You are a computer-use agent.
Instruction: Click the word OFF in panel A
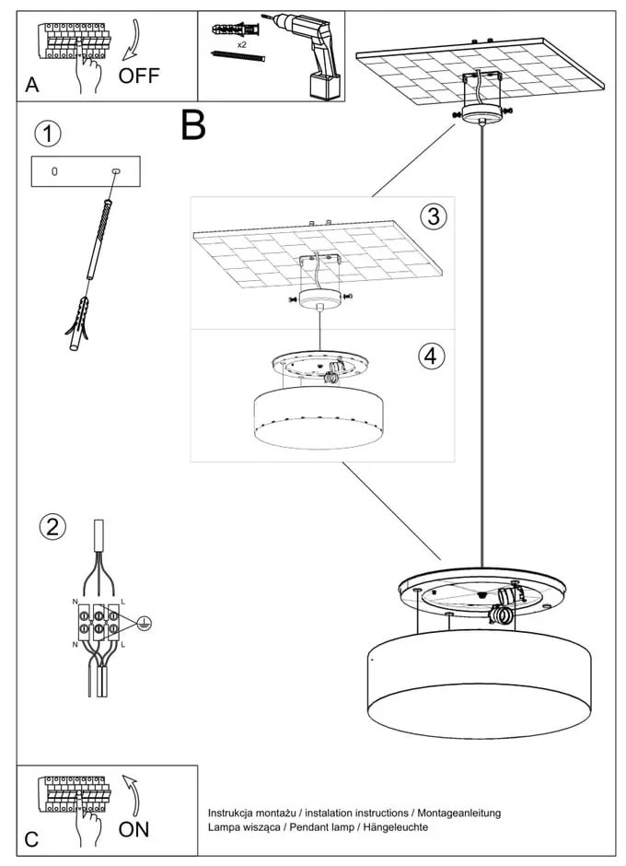coord(139,76)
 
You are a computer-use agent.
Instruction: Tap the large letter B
coord(193,125)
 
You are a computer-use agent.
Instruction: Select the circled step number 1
coord(48,134)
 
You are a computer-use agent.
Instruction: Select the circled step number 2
coord(52,526)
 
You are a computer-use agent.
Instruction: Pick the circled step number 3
coord(433,216)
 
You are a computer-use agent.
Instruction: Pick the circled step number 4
coord(430,356)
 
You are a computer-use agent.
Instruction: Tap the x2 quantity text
coord(241,44)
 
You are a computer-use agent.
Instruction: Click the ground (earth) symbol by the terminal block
coord(145,625)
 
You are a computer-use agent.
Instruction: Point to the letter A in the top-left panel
coord(32,86)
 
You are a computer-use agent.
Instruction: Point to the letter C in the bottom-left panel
coord(32,839)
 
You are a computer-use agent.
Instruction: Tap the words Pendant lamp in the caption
coord(312,827)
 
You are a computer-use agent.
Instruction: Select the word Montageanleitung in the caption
coord(458,813)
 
